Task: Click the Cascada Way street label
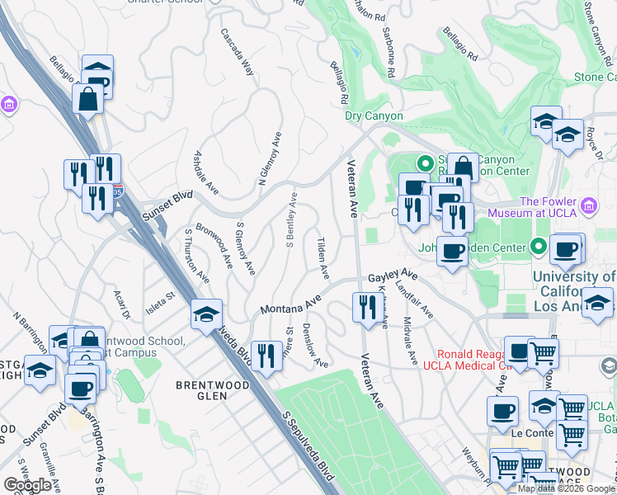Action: click(x=237, y=54)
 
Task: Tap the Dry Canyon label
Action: click(x=374, y=116)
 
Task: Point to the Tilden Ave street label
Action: click(x=323, y=257)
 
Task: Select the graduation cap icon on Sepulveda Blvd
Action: click(x=206, y=313)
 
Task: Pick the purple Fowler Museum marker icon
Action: click(x=588, y=205)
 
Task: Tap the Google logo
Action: click(x=28, y=485)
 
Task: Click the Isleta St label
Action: click(x=161, y=295)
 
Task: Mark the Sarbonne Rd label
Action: click(x=389, y=36)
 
